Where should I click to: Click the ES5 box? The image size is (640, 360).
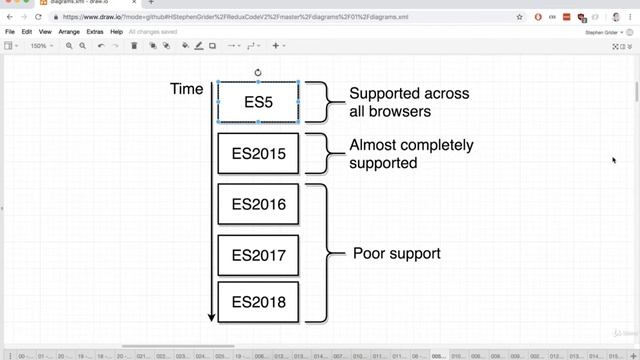(x=258, y=102)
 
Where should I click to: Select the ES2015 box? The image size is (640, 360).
(x=258, y=154)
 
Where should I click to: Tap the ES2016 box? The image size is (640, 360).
(x=258, y=205)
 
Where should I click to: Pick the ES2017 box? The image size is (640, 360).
(x=258, y=254)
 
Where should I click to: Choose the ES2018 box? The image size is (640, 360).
(x=258, y=302)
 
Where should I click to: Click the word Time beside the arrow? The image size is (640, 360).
(x=187, y=90)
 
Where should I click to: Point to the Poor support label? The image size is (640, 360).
(x=396, y=254)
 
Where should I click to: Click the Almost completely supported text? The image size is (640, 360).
(x=411, y=154)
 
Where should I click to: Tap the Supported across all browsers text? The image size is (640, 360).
(x=409, y=102)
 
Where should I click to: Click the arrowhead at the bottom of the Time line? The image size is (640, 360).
(x=211, y=317)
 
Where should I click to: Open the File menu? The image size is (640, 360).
(x=10, y=32)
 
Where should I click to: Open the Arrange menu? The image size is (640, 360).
(x=69, y=32)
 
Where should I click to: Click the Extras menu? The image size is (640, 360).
(x=95, y=32)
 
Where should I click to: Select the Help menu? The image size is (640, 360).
(x=117, y=32)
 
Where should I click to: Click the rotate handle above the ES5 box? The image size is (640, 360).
(x=258, y=72)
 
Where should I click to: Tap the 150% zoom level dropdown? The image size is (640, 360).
(x=39, y=46)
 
